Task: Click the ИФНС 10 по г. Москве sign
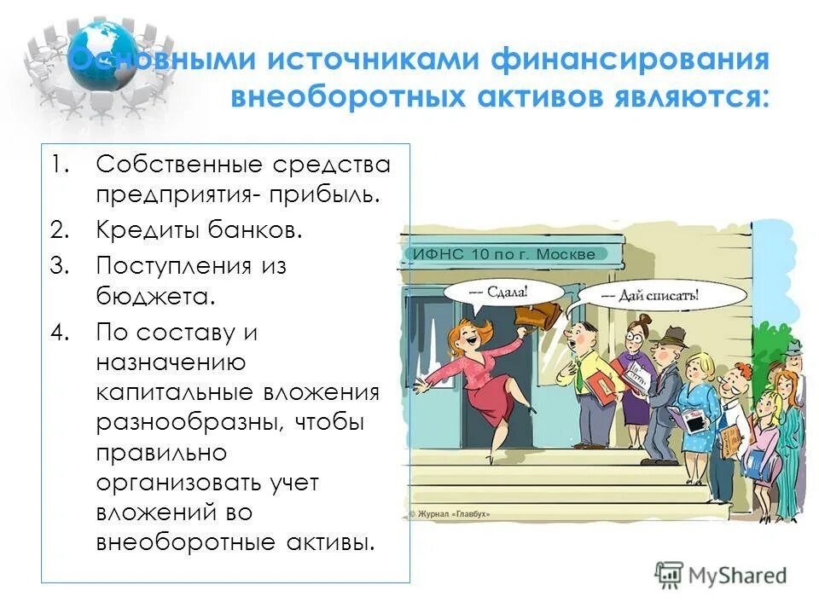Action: (x=512, y=253)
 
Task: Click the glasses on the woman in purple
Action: (x=632, y=339)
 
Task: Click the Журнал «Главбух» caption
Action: (x=451, y=513)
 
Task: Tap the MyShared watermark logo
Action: (x=721, y=576)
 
